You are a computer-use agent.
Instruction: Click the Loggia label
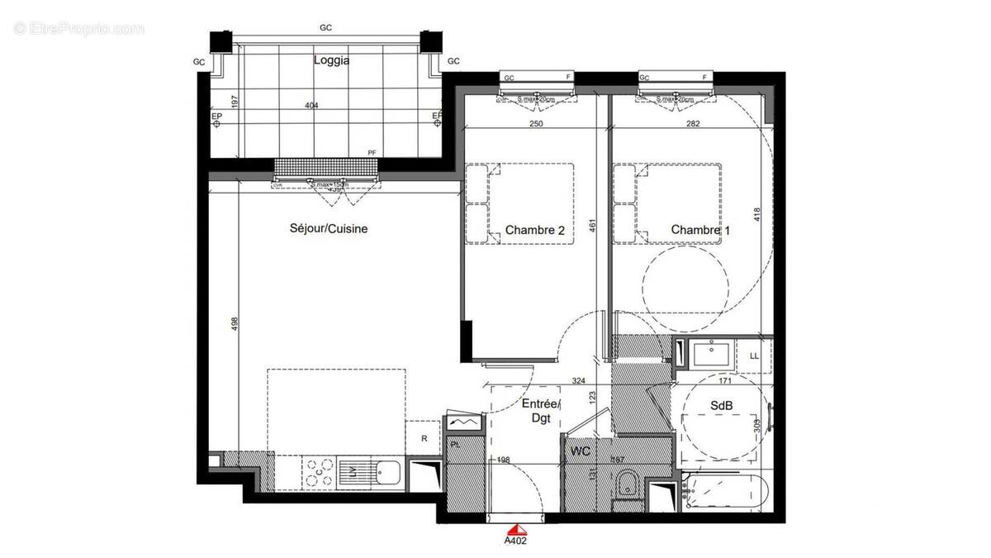pyautogui.click(x=331, y=60)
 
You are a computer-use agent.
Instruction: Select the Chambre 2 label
pyautogui.click(x=534, y=231)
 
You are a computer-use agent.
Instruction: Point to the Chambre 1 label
pyautogui.click(x=700, y=230)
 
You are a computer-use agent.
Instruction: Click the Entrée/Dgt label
pyautogui.click(x=541, y=411)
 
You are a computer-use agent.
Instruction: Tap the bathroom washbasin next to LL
pyautogui.click(x=711, y=355)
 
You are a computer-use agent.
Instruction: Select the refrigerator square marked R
pyautogui.click(x=424, y=438)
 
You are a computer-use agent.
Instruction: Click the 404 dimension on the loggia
pyautogui.click(x=311, y=106)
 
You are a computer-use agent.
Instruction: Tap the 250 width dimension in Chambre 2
pyautogui.click(x=536, y=124)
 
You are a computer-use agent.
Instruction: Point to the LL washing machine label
pyautogui.click(x=753, y=355)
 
